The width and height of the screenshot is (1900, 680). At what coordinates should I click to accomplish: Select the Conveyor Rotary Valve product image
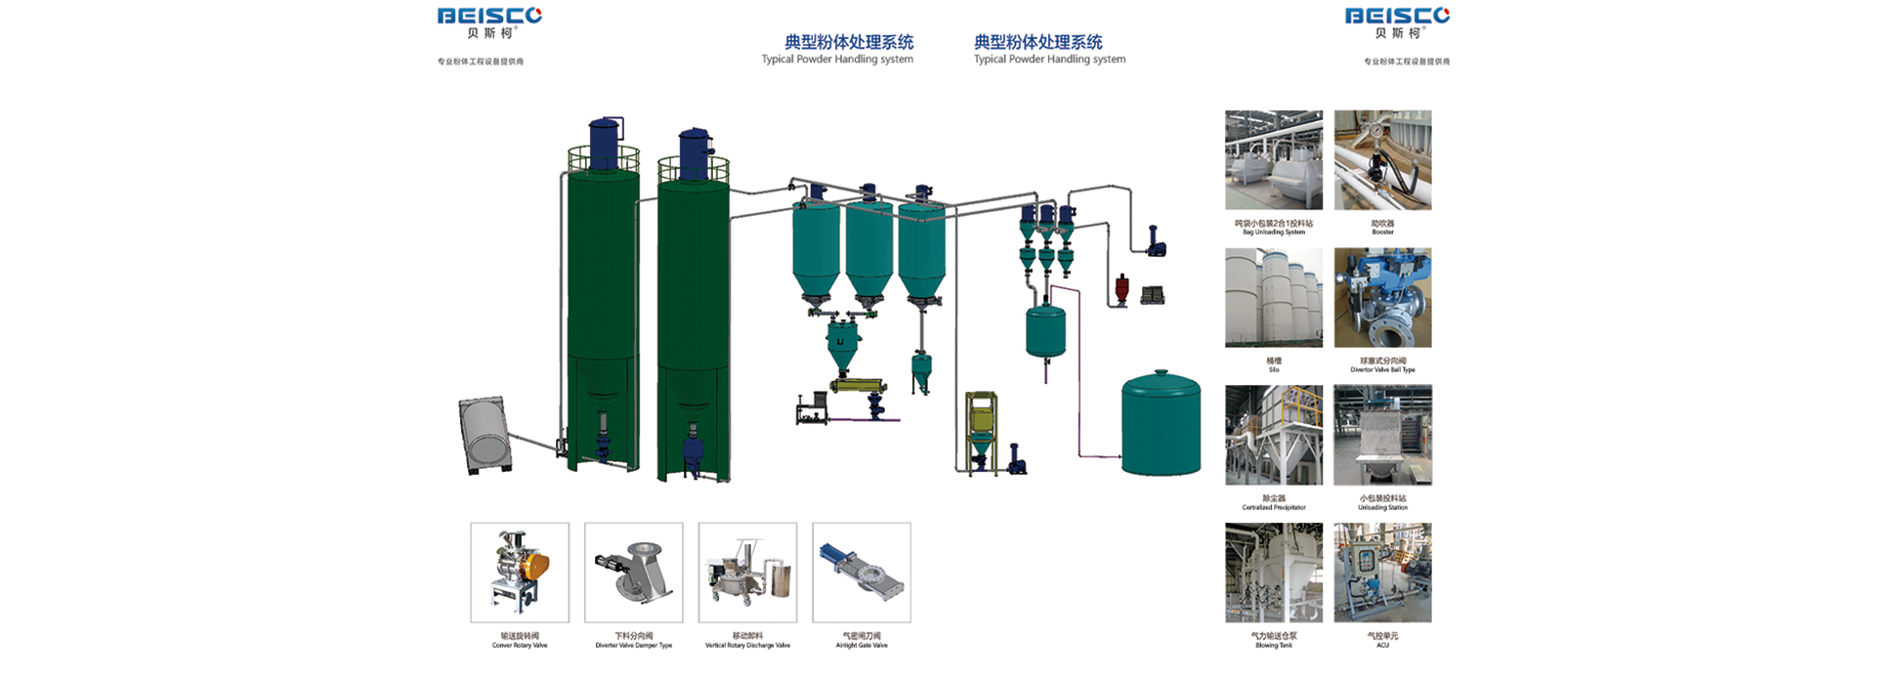pyautogui.click(x=520, y=573)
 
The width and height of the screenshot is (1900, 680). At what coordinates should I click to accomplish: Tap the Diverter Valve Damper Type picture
pyautogui.click(x=634, y=573)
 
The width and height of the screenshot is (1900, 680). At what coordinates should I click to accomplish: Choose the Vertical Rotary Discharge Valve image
pyautogui.click(x=747, y=573)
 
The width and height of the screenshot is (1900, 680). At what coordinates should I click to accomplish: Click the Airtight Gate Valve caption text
pyautogui.click(x=862, y=640)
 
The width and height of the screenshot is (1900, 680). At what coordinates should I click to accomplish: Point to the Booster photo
pyautogui.click(x=1382, y=160)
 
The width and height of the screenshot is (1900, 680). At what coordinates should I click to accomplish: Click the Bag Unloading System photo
pyautogui.click(x=1274, y=160)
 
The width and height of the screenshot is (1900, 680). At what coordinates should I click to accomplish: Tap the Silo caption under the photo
pyautogui.click(x=1274, y=364)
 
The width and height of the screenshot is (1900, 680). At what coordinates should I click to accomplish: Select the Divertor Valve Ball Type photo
pyautogui.click(x=1382, y=298)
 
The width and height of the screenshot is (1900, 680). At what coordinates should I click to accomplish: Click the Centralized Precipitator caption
pyautogui.click(x=1274, y=502)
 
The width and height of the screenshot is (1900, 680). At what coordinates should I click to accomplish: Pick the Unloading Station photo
pyautogui.click(x=1382, y=435)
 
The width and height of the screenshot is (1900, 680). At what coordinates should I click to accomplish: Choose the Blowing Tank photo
pyautogui.click(x=1274, y=573)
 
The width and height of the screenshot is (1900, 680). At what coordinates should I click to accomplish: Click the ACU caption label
pyautogui.click(x=1382, y=640)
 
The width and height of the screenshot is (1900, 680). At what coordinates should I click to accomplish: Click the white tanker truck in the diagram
pyautogui.click(x=485, y=436)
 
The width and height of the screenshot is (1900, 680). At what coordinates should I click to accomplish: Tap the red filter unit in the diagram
pyautogui.click(x=1122, y=290)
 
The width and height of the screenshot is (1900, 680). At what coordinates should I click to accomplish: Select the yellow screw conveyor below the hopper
pyautogui.click(x=858, y=386)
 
